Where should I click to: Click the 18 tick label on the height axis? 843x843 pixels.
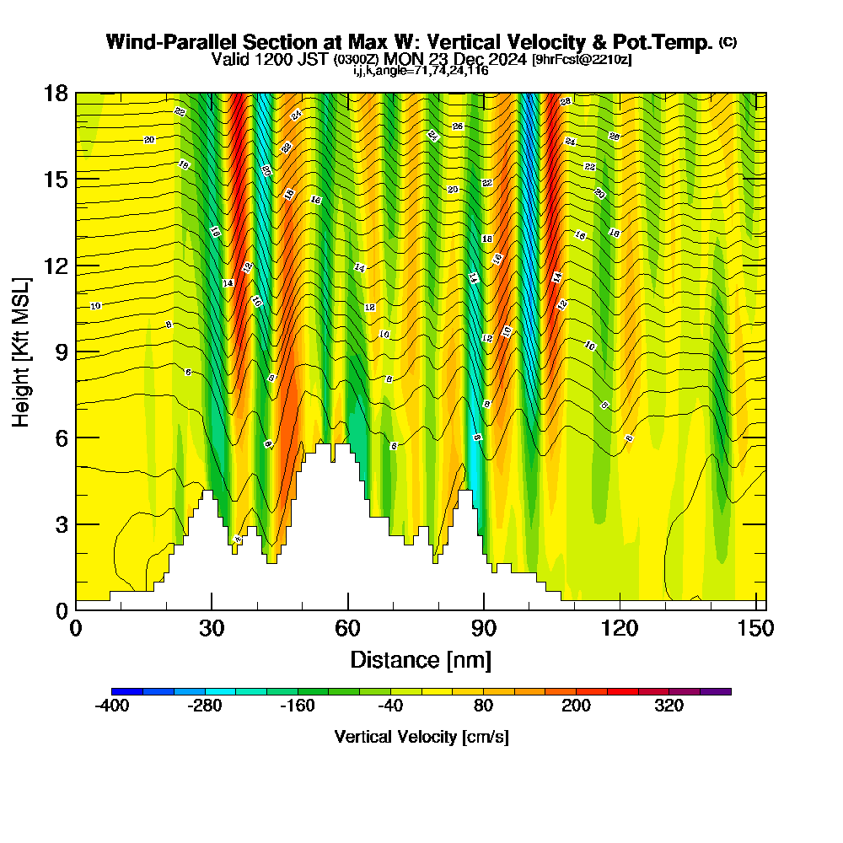coord(56,93)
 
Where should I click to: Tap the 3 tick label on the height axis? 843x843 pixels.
coord(61,524)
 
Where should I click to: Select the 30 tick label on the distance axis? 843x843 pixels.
coord(212,629)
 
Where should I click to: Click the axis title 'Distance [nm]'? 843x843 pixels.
coord(421,658)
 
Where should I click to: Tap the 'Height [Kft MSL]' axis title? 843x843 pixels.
coord(22,350)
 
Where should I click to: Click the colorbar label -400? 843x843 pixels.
coord(112,706)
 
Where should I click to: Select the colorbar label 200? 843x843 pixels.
coord(577,706)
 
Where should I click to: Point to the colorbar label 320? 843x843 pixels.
coord(669,706)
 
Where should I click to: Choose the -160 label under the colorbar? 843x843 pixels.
coord(298,706)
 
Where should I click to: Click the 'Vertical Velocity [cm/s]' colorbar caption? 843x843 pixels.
coord(421,737)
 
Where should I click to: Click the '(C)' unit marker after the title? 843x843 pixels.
coord(728,42)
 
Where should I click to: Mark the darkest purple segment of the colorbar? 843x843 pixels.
coord(716,691)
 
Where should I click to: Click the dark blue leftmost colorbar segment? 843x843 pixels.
coord(127,691)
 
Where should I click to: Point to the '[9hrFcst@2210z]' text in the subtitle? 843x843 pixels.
coord(582,59)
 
